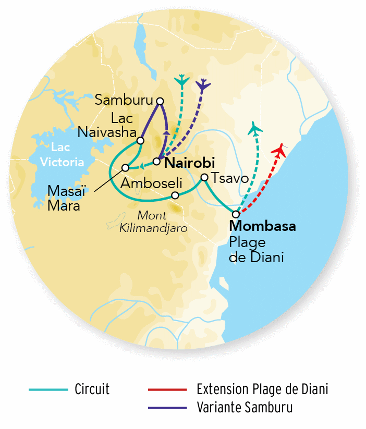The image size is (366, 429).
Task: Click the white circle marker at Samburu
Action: (160, 101)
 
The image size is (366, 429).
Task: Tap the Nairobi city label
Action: (189, 164)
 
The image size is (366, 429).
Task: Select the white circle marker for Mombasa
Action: (236, 214)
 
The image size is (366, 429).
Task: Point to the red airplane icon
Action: (279, 151)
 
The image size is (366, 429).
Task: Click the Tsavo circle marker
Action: (204, 177)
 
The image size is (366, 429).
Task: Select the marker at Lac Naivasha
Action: (140, 140)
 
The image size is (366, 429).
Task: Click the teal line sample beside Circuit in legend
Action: (48, 389)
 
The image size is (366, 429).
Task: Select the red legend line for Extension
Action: (167, 389)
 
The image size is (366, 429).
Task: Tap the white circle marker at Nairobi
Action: (156, 161)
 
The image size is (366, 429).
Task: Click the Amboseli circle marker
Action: (176, 195)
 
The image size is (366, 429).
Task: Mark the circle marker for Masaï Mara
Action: (125, 168)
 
